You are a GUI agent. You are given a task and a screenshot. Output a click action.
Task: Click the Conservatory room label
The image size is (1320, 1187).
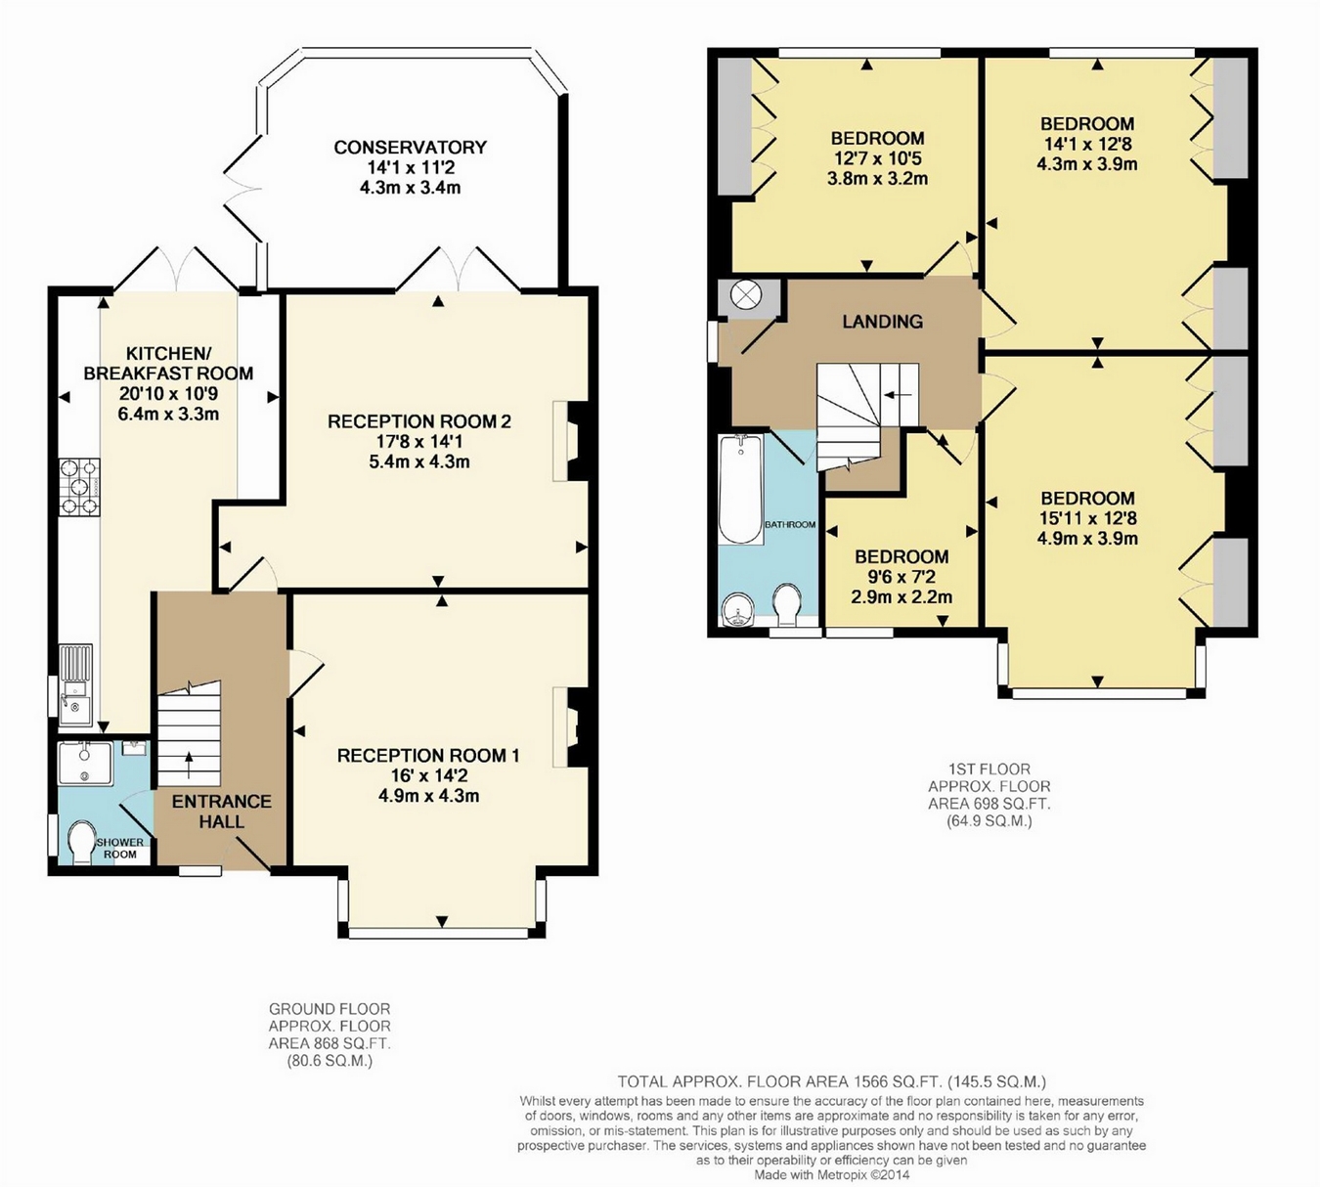(410, 148)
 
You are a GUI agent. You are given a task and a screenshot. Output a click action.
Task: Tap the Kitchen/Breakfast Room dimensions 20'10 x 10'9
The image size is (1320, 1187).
(168, 393)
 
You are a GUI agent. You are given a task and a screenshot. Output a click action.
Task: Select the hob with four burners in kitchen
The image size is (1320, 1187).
(79, 487)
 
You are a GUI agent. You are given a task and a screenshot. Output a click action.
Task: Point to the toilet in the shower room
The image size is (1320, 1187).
(82, 841)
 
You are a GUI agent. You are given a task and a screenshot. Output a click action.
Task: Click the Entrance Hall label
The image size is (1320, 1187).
(222, 812)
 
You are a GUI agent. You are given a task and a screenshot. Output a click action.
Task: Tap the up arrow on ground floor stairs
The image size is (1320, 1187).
(190, 765)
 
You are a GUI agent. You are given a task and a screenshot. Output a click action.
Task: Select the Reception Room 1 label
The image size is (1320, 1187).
(428, 756)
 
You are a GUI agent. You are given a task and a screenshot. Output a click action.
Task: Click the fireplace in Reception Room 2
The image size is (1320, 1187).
(570, 441)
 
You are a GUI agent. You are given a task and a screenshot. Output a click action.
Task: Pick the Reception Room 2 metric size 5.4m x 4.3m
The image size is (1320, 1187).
(419, 462)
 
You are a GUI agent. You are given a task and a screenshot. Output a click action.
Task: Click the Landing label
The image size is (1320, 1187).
(882, 322)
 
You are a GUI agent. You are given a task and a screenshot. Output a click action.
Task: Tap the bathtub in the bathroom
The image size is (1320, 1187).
(741, 489)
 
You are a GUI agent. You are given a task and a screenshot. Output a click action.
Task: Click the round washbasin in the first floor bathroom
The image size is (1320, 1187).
(740, 610)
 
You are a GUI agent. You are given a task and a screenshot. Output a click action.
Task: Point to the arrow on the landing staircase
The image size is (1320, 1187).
(898, 395)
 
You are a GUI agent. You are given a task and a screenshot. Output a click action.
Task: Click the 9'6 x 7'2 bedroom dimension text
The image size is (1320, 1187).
(902, 577)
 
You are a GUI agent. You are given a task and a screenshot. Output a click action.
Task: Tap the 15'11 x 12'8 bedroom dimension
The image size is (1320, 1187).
(1087, 518)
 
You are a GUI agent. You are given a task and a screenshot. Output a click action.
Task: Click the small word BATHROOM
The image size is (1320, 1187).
(790, 525)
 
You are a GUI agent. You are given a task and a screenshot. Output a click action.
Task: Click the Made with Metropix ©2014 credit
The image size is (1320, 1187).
(832, 1174)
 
